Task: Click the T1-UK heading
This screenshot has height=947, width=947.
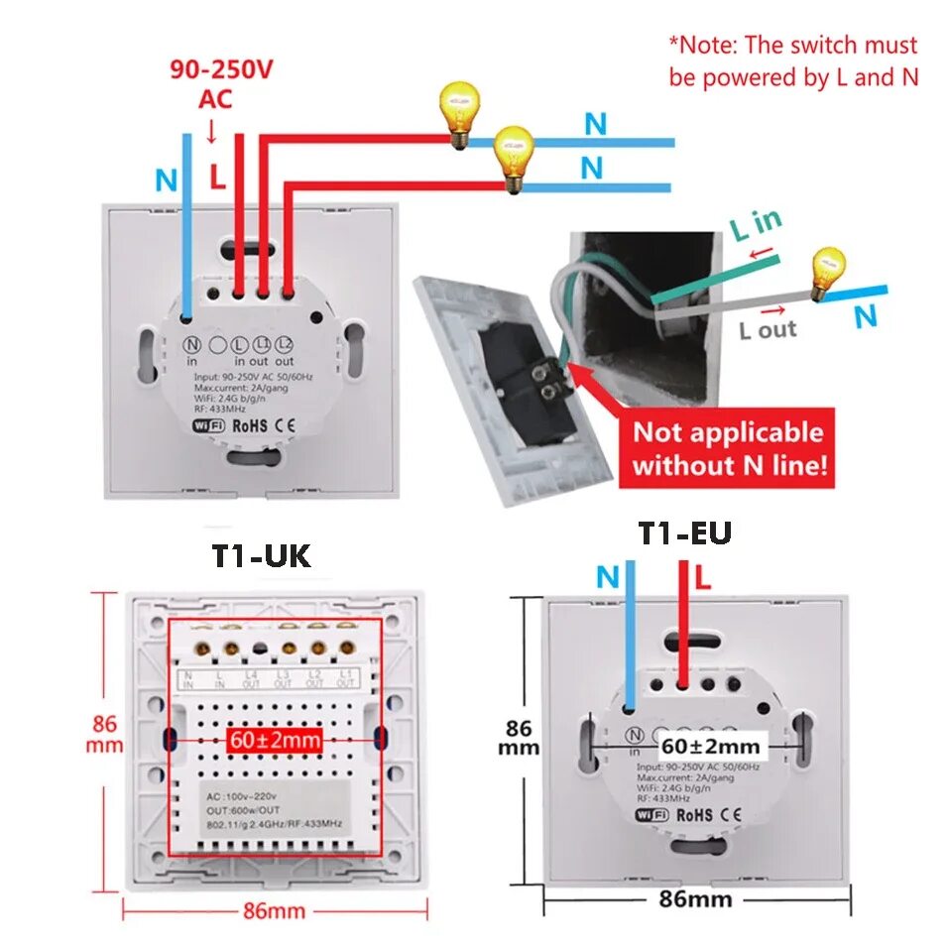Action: click(x=261, y=555)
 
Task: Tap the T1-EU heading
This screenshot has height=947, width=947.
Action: click(x=684, y=533)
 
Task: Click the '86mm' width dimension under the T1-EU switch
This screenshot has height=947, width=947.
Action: click(x=695, y=899)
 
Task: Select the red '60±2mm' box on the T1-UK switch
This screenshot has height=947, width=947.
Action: click(x=275, y=739)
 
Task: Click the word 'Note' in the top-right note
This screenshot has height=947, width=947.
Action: click(x=710, y=46)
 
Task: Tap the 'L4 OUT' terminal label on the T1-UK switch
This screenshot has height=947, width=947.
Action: click(x=252, y=679)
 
